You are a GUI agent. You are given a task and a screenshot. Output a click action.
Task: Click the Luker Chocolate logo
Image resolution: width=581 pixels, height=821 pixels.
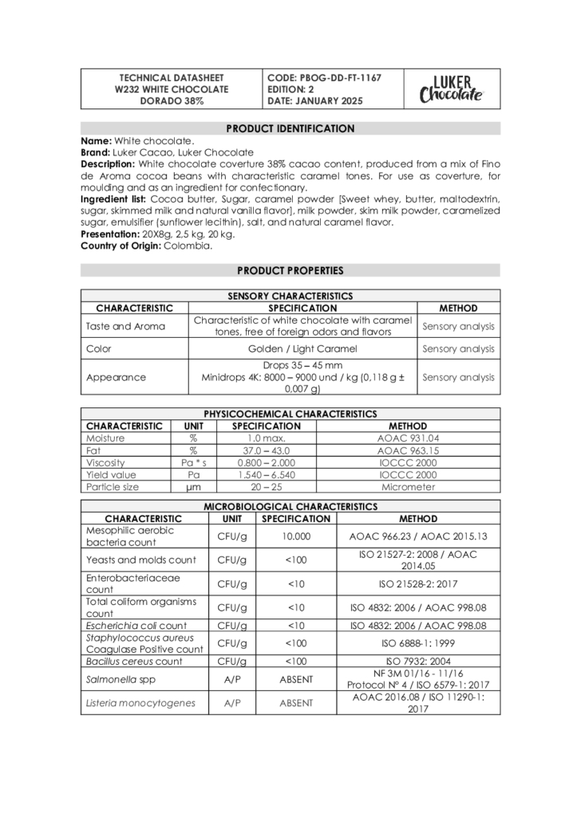[x=451, y=89]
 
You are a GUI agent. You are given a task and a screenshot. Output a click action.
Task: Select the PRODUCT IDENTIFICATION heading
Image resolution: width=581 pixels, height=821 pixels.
[x=290, y=128]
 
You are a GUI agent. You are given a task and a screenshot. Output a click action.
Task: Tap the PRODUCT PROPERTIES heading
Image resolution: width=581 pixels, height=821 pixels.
[x=290, y=270]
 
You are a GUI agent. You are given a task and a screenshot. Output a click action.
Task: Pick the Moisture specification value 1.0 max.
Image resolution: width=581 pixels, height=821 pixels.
[x=266, y=438]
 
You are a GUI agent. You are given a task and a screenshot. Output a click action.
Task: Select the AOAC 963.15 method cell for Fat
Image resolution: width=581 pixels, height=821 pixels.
[x=408, y=450]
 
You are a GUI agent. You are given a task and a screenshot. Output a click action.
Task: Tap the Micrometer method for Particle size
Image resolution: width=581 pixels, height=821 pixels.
[x=408, y=486]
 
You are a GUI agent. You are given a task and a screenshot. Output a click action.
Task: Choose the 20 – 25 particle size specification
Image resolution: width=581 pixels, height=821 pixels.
[x=266, y=486]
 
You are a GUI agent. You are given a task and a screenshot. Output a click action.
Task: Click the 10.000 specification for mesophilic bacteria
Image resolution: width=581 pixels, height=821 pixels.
[x=296, y=536]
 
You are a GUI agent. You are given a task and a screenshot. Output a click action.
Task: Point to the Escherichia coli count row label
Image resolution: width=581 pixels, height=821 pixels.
[x=136, y=626]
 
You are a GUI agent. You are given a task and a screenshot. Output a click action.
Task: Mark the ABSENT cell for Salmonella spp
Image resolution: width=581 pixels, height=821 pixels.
[x=296, y=679]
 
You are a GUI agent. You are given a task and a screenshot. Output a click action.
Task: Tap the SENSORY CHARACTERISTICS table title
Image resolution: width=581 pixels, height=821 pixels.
[x=290, y=296]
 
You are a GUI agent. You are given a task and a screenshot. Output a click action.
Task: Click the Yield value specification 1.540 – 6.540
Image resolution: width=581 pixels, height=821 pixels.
[x=266, y=474]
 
